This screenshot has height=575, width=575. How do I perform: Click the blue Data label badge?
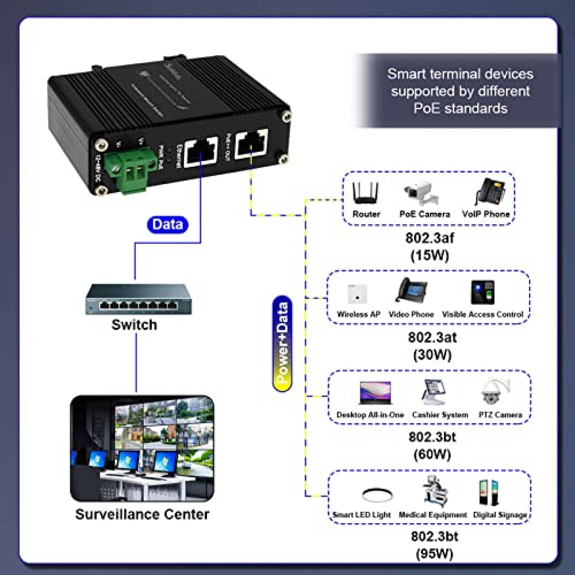(167, 225)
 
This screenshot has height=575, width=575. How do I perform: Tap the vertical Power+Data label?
(282, 343)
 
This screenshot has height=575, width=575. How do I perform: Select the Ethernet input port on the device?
(201, 152)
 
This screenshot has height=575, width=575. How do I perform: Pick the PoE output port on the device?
(251, 143)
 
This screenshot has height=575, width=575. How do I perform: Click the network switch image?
(138, 300)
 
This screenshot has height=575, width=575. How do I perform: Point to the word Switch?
(134, 325)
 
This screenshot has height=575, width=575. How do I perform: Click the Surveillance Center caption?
(142, 514)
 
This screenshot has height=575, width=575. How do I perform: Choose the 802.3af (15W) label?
(429, 247)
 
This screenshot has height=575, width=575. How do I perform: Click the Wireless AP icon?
(357, 294)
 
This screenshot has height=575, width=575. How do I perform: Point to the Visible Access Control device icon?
(483, 292)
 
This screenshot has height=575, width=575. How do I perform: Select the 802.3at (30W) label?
(432, 346)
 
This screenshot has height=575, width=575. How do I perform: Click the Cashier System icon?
(434, 392)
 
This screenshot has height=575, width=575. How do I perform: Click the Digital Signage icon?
(488, 492)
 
